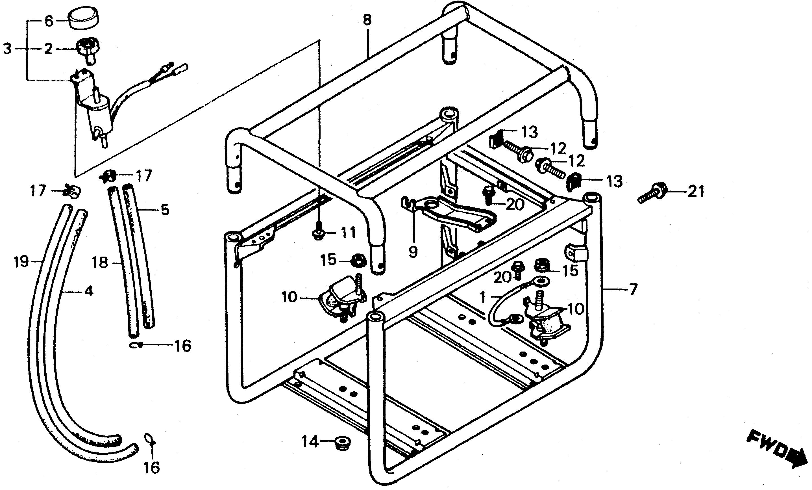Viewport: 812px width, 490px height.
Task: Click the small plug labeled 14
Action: click(342, 443)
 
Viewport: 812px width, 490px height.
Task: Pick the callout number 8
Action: click(367, 20)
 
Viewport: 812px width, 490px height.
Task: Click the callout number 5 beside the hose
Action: click(165, 210)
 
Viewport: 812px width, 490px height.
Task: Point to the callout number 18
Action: click(100, 263)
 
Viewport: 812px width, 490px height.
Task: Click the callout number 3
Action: click(7, 49)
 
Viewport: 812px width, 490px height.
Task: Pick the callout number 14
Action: click(310, 442)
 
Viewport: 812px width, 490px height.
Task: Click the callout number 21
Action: click(696, 192)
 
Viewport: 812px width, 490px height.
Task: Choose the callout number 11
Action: click(348, 233)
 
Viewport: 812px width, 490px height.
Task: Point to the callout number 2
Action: click(48, 49)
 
